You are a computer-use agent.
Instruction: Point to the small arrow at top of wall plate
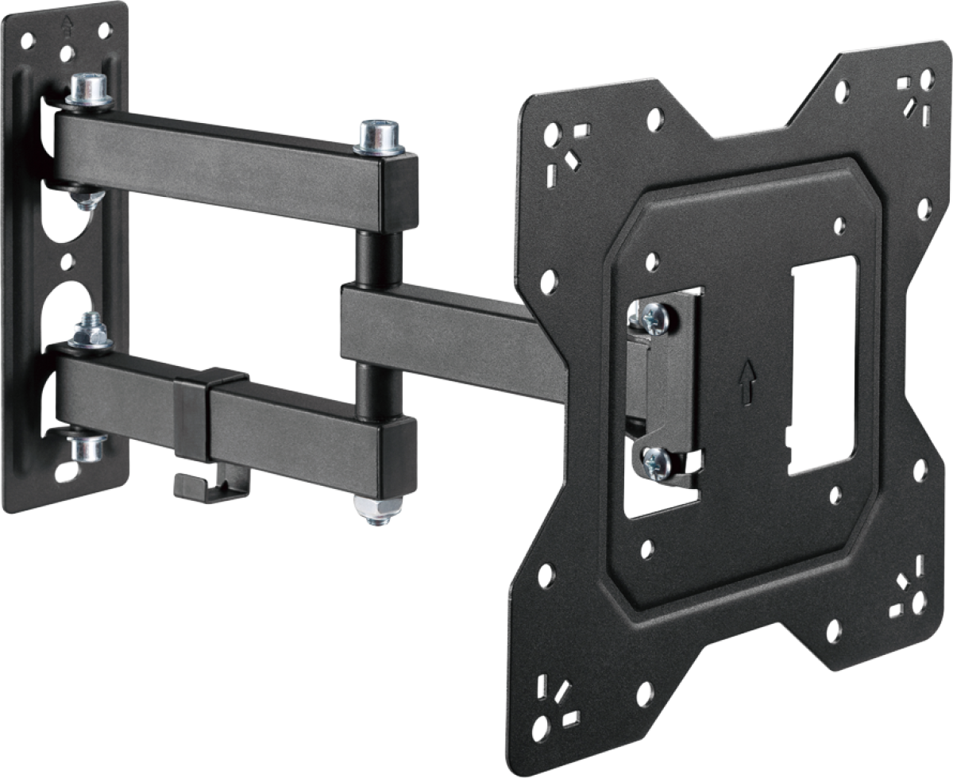click(68, 24)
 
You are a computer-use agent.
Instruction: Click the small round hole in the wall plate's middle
click(67, 259)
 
